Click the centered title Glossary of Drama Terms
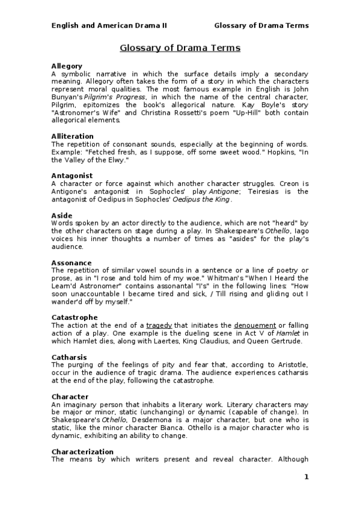pos(180,48)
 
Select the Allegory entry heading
pos(67,66)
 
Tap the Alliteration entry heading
pos(72,137)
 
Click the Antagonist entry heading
pos(72,176)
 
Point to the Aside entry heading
pos(62,215)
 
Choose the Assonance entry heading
pos(72,263)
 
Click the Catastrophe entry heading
pos(75,318)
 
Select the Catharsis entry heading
pos(70,357)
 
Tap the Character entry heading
pos(70,397)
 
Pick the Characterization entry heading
pos(82,452)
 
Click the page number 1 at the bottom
pos(306,478)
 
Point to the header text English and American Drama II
pos(109,25)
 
